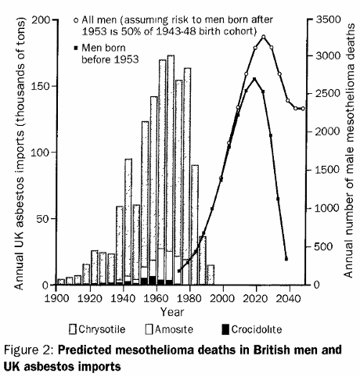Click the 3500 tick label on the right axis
coord(329,20)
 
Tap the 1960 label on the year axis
coord(157,298)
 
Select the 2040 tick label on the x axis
coord(289,298)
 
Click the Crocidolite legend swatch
coord(225,329)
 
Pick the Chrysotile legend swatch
coord(73,329)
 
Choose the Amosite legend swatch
coord(149,329)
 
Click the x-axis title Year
coord(172,312)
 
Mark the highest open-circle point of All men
coord(264,37)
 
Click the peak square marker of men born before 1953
coord(254,79)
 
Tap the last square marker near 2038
coord(286,259)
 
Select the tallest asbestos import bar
coord(171,170)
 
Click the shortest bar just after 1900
coord(60,282)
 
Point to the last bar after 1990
coord(211,275)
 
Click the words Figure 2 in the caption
coord(29,350)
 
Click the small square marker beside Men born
coord(76,48)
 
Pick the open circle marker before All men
coord(76,20)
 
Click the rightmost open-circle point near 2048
coord(303,109)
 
